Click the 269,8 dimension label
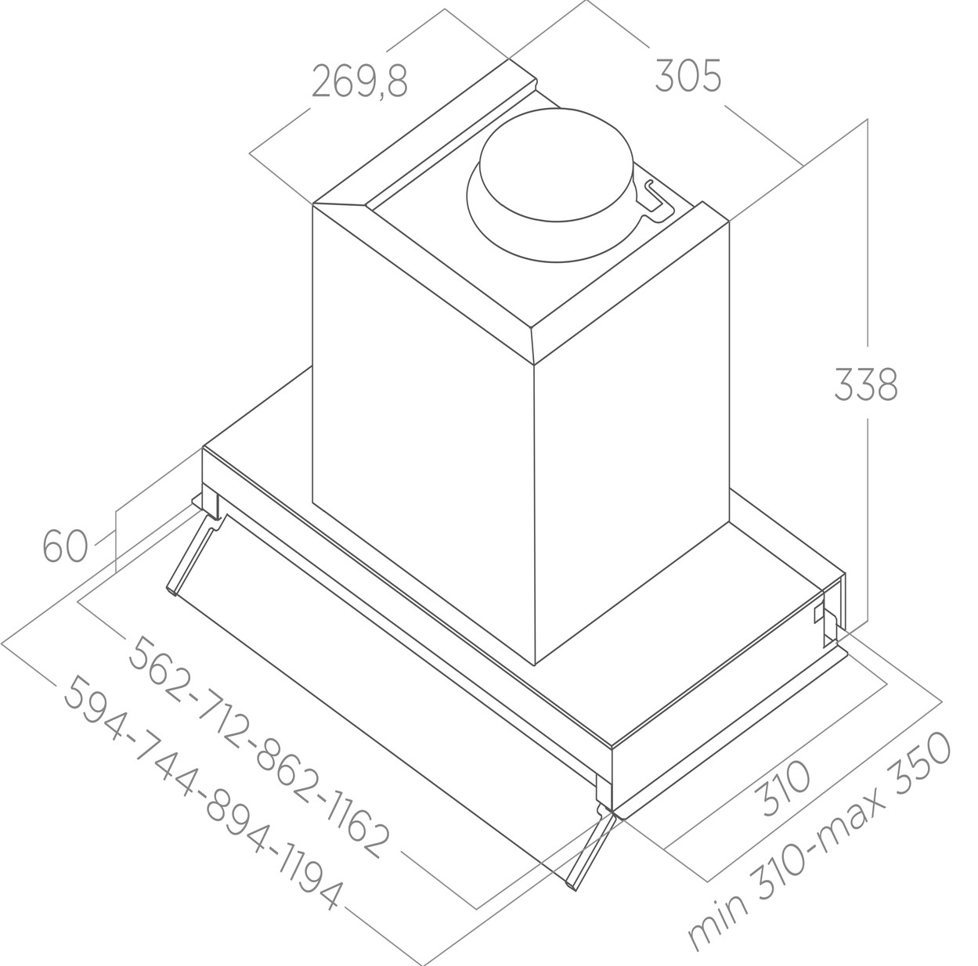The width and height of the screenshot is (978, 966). click(x=359, y=81)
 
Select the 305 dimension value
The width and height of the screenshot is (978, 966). click(x=688, y=76)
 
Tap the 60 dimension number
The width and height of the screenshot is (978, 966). click(x=65, y=546)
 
